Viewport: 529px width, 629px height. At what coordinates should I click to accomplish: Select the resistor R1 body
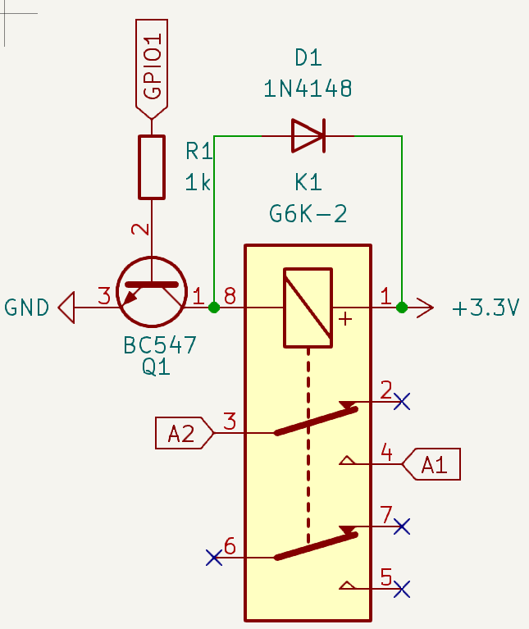[152, 167]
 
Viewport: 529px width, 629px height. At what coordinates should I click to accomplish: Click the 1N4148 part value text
[308, 89]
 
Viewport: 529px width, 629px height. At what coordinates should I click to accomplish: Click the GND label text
[27, 308]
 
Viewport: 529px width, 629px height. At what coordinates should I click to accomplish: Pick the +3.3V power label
[486, 308]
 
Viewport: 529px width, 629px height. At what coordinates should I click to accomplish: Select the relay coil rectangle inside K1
[308, 308]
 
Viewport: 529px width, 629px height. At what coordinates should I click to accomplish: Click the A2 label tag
[183, 432]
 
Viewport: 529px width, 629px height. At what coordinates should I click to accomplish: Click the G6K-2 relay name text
[308, 215]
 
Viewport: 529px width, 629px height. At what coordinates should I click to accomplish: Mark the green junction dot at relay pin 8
[214, 308]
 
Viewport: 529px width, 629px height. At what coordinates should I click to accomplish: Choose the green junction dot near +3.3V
[402, 308]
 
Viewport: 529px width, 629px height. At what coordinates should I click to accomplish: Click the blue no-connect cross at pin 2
[402, 401]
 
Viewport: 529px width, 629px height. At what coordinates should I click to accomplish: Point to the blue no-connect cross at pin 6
[214, 558]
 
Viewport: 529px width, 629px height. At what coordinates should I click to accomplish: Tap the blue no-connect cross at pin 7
[402, 526]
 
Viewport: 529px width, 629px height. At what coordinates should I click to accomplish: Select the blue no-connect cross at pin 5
[402, 588]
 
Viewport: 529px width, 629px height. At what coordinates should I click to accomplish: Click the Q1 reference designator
[156, 367]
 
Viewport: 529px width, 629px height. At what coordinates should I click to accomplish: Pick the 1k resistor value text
[198, 183]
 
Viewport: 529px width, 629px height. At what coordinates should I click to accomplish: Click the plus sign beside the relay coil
[345, 319]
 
